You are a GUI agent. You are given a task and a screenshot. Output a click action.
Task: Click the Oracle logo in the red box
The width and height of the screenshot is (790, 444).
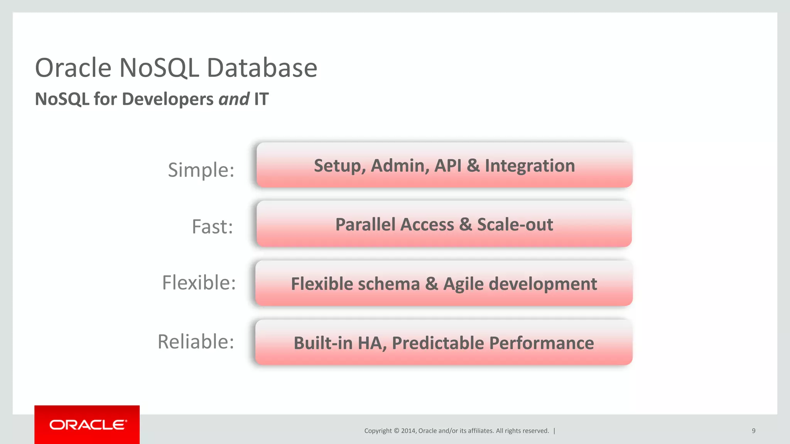tap(88, 425)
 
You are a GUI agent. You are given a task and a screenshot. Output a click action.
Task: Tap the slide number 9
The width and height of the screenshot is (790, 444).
tap(753, 431)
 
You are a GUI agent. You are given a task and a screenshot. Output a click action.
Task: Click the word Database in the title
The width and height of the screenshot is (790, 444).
tap(262, 68)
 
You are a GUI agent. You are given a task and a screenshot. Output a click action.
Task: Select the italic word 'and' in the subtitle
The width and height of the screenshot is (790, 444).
tap(234, 99)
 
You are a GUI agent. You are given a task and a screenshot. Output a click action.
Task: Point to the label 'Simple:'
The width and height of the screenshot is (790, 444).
tap(201, 170)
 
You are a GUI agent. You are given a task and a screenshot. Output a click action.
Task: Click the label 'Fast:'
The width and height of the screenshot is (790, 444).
tap(212, 226)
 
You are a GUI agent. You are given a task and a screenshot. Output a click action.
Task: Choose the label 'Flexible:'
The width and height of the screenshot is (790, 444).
tap(199, 283)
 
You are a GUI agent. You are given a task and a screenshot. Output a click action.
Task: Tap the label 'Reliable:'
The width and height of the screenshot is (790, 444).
tap(196, 341)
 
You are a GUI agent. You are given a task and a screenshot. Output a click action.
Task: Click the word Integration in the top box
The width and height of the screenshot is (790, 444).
tap(530, 166)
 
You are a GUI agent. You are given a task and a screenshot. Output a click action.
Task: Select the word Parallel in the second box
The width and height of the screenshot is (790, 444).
tap(395, 225)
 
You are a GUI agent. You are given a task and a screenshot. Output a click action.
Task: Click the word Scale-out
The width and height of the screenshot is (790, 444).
tap(515, 225)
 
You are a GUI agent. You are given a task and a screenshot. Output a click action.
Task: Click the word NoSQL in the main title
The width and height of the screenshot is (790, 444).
tap(159, 68)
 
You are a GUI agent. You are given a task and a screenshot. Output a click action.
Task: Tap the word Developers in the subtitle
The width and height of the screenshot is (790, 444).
tap(167, 99)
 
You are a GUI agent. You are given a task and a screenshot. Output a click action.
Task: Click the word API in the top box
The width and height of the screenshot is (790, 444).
tap(448, 166)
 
